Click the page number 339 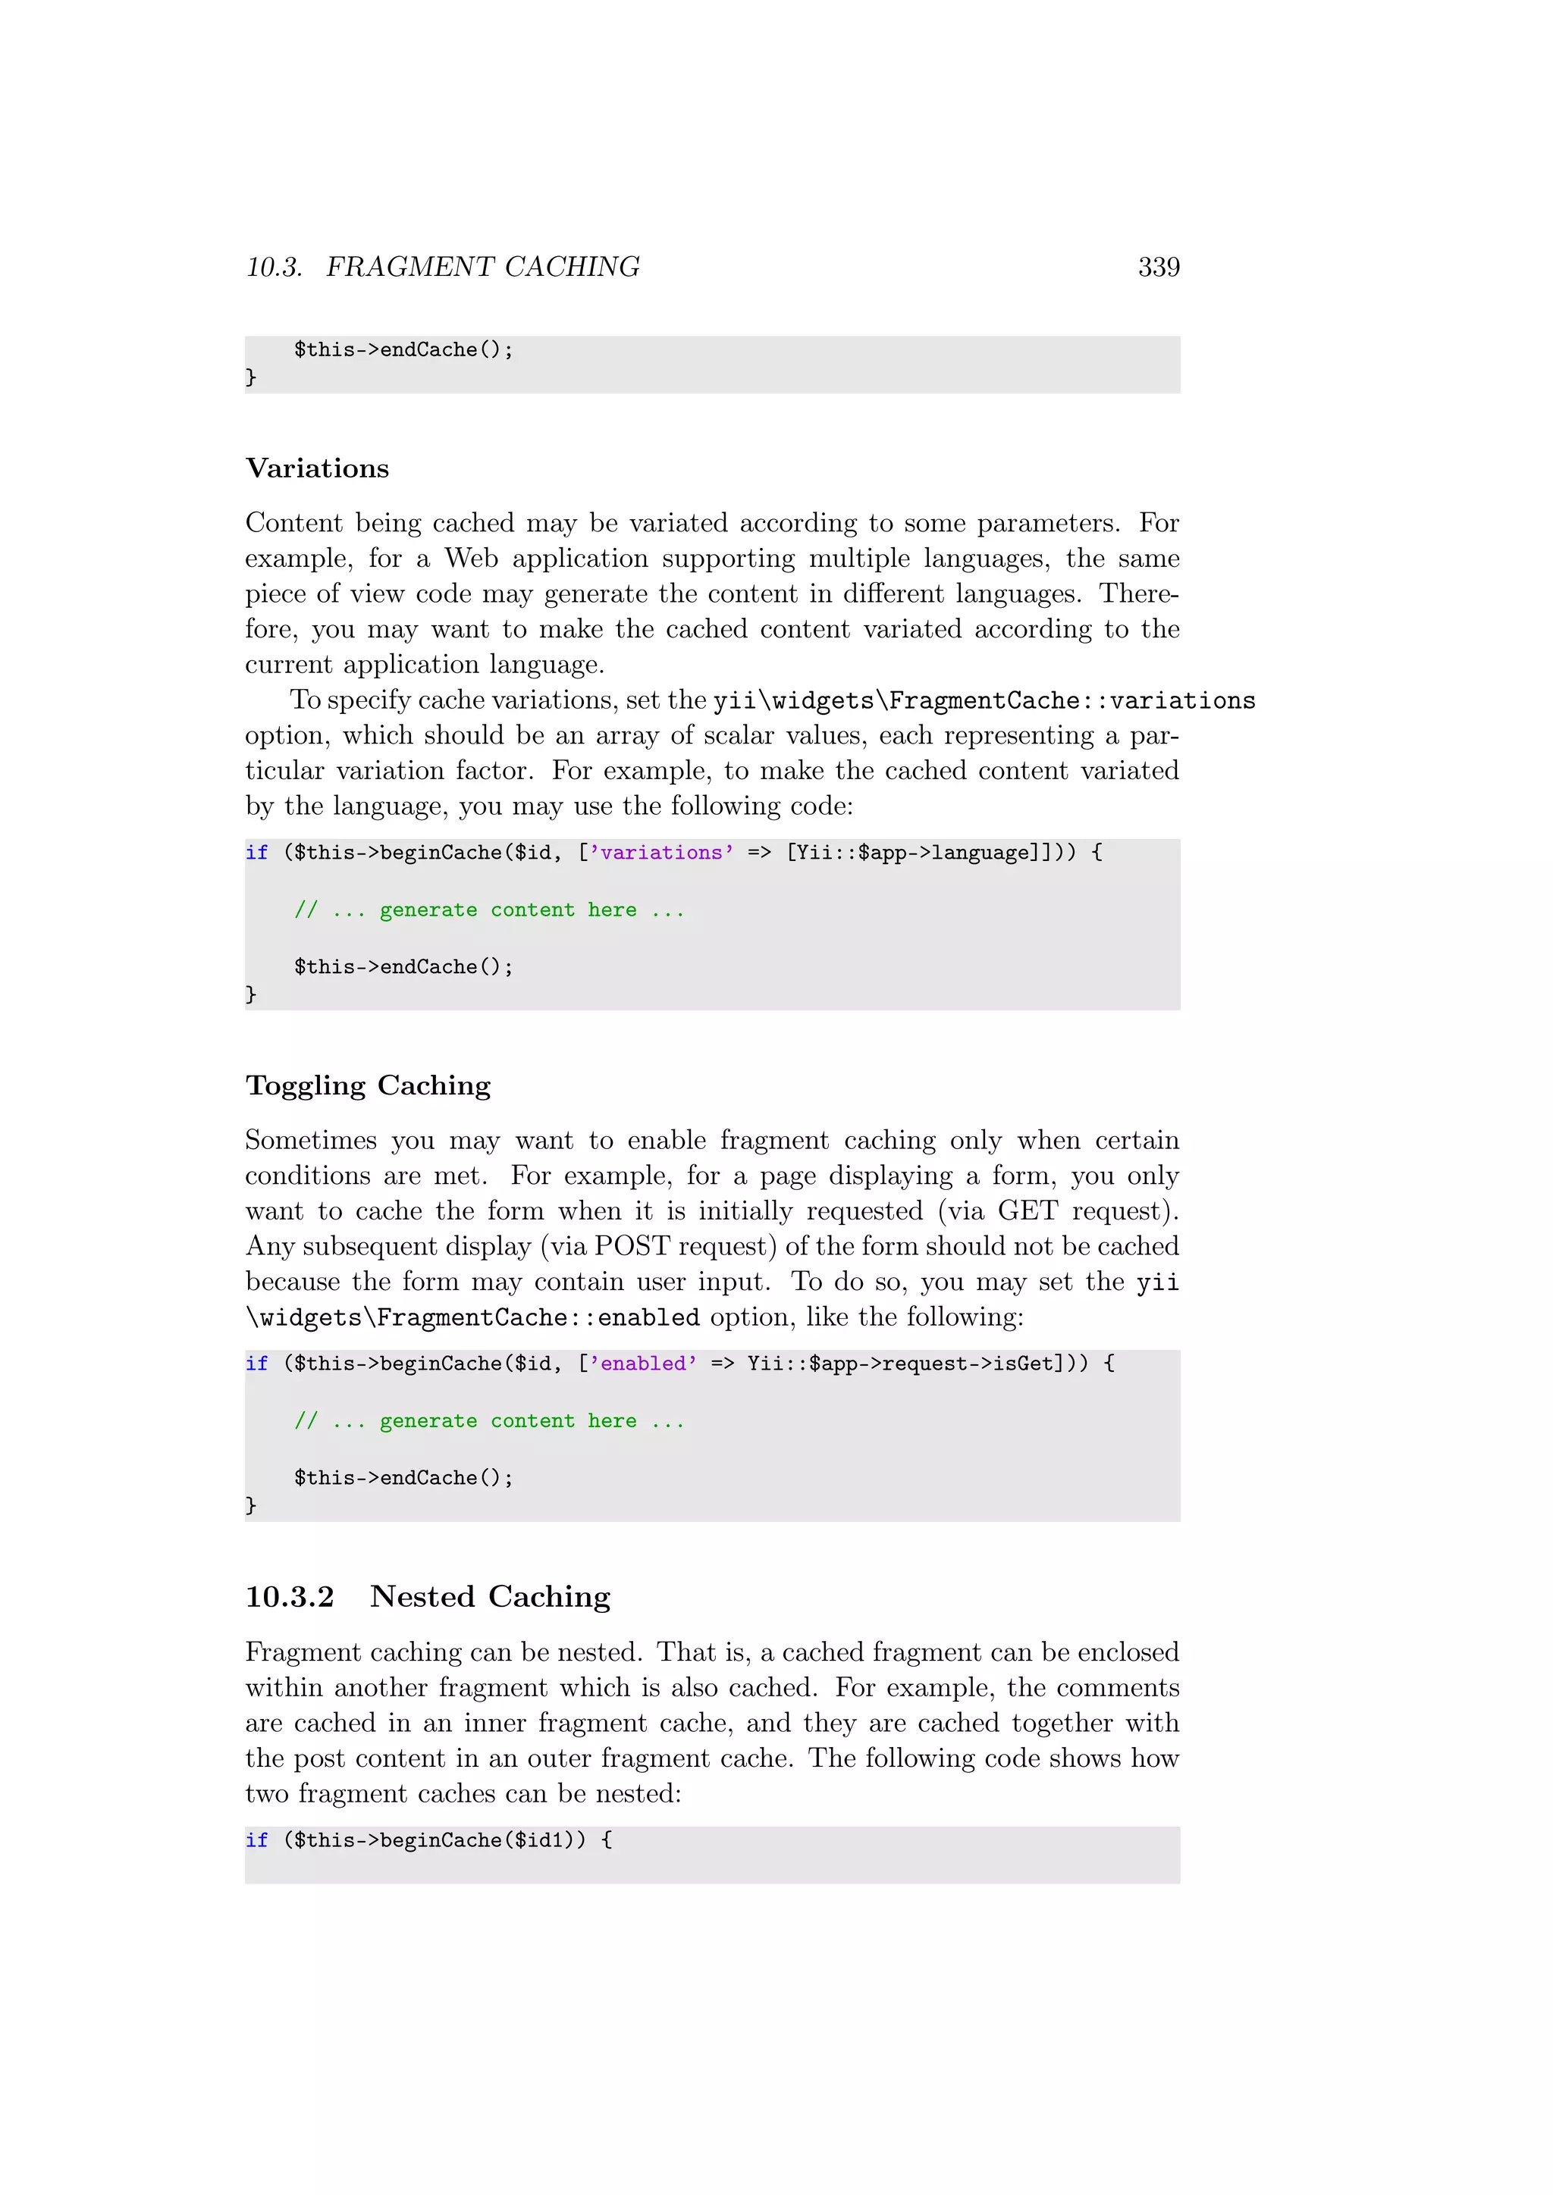pos(1158,267)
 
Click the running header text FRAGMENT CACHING pos(483,267)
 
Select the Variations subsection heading pos(318,468)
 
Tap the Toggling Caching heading pos(369,1085)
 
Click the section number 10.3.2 pos(290,1596)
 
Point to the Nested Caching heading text pos(491,1596)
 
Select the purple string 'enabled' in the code pos(642,1364)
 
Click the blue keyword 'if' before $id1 pos(256,1840)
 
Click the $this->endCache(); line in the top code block pos(403,350)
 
